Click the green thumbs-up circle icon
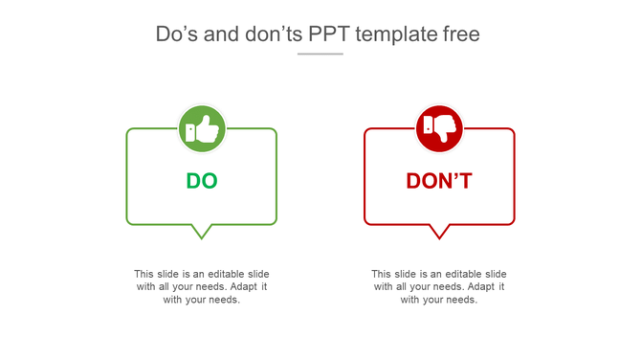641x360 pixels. pyautogui.click(x=202, y=128)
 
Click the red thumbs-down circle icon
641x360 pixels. pyautogui.click(x=439, y=128)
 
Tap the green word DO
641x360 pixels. pyautogui.click(x=202, y=181)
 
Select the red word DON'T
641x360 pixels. pyautogui.click(x=439, y=181)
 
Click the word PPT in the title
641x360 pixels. pyautogui.click(x=329, y=34)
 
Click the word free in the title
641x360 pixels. pyautogui.click(x=462, y=34)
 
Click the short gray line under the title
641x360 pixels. pyautogui.click(x=320, y=54)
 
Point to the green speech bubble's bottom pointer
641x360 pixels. pyautogui.click(x=201, y=232)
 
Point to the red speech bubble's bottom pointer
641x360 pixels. pyautogui.click(x=439, y=232)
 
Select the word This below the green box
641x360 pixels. pyautogui.click(x=144, y=274)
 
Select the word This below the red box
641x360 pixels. pyautogui.click(x=382, y=274)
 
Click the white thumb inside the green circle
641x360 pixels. pyautogui.click(x=207, y=129)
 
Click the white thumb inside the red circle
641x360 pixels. pyautogui.click(x=444, y=127)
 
